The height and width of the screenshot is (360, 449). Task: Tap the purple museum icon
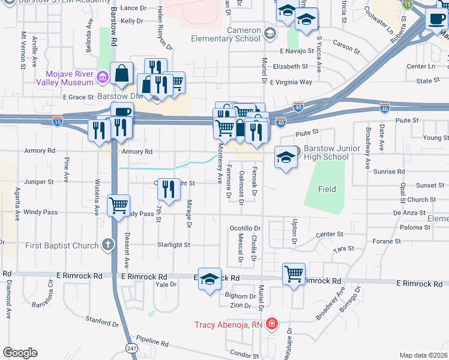(102, 77)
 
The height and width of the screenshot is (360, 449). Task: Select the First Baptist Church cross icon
(107, 244)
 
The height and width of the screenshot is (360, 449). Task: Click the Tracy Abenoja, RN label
(229, 325)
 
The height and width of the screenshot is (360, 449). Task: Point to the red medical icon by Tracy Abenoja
(272, 325)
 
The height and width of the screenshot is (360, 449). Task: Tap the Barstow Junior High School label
(334, 153)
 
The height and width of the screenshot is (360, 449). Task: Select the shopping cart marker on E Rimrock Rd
(294, 275)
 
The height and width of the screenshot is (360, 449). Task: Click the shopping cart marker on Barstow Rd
(118, 205)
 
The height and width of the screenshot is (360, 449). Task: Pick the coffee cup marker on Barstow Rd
(122, 112)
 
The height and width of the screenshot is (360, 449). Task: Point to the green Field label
(327, 189)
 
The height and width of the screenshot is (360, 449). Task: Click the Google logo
(20, 353)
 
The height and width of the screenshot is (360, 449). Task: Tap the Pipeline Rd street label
(152, 343)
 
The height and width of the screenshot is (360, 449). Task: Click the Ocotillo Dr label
(246, 229)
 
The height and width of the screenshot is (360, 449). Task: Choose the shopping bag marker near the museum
(122, 73)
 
